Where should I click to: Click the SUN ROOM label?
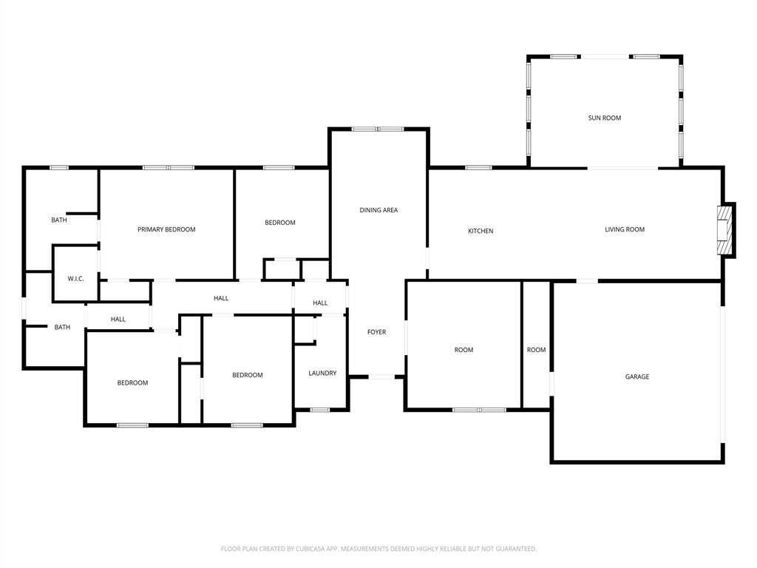point(605,118)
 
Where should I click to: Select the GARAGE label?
point(637,376)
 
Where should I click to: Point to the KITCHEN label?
point(481,231)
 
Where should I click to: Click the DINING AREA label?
point(378,210)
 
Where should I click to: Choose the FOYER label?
point(377,332)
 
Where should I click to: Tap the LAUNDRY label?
point(322,373)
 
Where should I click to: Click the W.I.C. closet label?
point(75,279)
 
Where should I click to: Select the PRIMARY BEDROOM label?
point(166,229)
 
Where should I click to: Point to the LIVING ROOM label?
point(625,229)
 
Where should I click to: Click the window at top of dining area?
point(378,129)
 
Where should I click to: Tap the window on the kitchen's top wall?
point(478,167)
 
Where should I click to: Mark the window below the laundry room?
point(320,410)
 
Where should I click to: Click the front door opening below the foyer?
point(381,377)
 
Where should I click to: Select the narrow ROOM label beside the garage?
point(537,350)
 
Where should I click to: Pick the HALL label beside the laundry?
point(320,303)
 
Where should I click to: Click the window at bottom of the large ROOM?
point(479,409)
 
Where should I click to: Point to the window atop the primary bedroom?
point(169,168)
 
